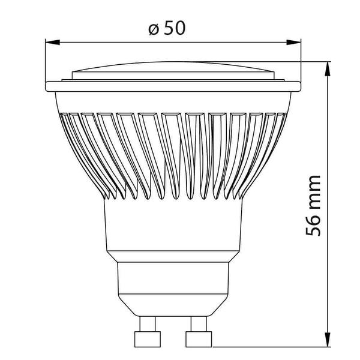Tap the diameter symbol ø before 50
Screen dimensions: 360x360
pos(154,29)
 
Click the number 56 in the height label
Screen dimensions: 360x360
pos(313,225)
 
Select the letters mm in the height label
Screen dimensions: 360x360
pos(313,193)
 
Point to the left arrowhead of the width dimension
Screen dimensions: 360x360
pos(53,42)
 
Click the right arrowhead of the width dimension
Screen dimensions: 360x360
pos(293,42)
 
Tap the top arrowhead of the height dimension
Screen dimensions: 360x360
pos(328,69)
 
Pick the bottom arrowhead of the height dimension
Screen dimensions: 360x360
pos(328,340)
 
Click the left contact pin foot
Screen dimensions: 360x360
pos(148,339)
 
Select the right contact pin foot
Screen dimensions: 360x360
pos(199,339)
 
